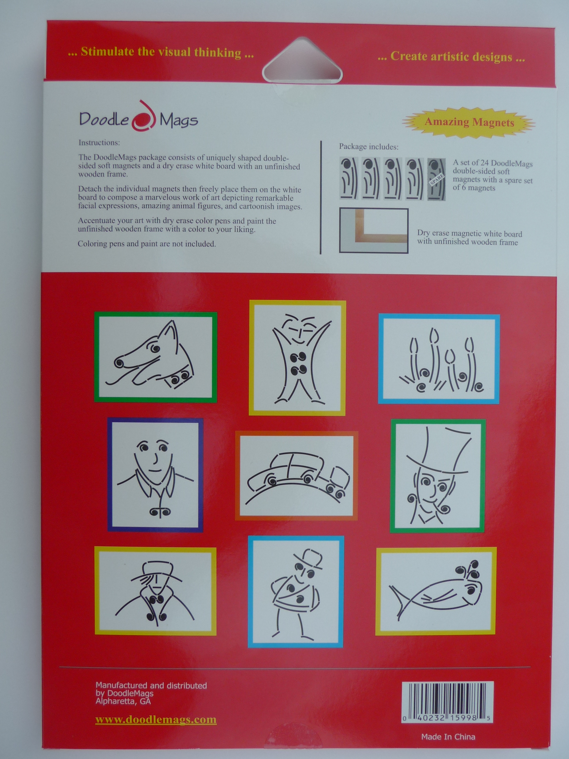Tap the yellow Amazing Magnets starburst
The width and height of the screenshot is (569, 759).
[x=469, y=122]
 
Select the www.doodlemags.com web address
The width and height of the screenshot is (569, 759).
[x=156, y=719]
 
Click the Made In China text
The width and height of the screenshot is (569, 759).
[x=448, y=737]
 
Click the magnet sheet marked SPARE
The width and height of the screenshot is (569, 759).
[x=436, y=180]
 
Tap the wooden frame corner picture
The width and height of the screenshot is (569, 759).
[x=374, y=231]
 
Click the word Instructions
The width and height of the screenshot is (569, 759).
[x=99, y=143]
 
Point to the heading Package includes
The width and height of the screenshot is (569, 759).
[x=369, y=147]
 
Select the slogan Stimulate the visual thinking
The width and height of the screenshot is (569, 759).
[x=161, y=52]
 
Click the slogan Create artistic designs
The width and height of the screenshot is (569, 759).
[x=451, y=57]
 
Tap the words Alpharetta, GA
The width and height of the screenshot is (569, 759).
[x=123, y=701]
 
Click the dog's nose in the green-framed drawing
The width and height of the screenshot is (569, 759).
[x=119, y=363]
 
